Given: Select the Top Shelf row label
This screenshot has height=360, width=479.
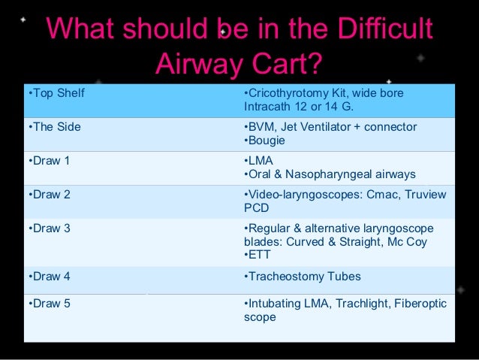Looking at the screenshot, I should (x=56, y=93).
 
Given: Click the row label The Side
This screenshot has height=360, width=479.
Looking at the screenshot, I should (x=54, y=127).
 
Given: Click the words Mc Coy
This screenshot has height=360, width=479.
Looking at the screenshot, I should (x=425, y=242).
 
